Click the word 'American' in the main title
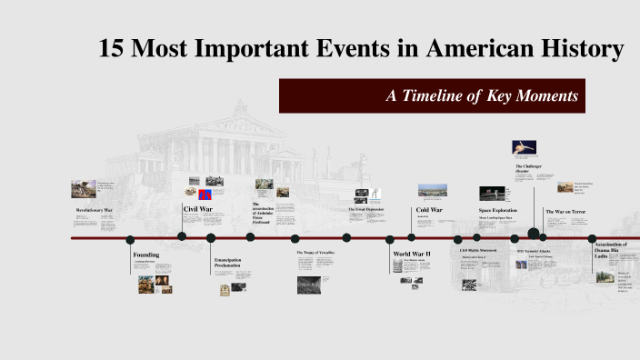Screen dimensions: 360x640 tap(467, 49)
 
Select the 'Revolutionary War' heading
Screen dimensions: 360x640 tap(95, 210)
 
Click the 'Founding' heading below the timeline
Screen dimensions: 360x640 tap(146, 255)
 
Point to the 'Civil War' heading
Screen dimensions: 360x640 tap(198, 208)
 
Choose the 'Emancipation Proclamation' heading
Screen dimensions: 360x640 tap(227, 263)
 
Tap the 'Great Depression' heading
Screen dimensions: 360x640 tap(366, 209)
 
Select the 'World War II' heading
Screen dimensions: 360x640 tap(411, 254)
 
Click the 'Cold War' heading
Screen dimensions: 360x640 tap(429, 210)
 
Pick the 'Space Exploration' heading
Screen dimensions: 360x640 tap(497, 210)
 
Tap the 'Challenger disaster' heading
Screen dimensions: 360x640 tap(529, 169)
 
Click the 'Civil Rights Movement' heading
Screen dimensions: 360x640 tap(478, 249)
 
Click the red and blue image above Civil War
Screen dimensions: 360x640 tap(205, 194)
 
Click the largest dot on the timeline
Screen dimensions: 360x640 tap(534, 234)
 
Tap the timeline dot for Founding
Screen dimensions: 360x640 tap(130, 240)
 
